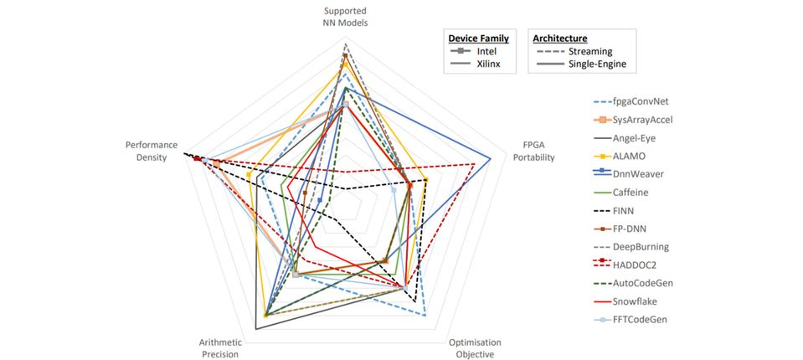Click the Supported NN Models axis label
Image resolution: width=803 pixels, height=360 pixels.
pos(346,17)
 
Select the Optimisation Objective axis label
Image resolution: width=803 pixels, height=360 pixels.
pos(475,348)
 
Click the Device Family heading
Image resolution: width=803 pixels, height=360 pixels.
pos(479,39)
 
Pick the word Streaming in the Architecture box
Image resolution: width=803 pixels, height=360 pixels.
pos(590,52)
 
